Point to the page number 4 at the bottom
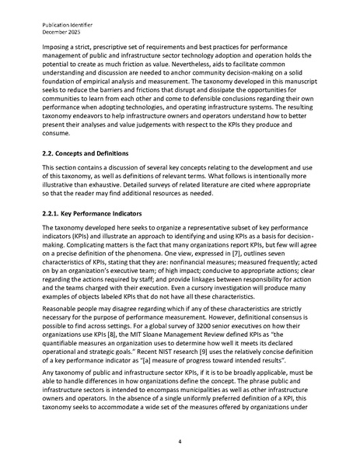click(x=180, y=442)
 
